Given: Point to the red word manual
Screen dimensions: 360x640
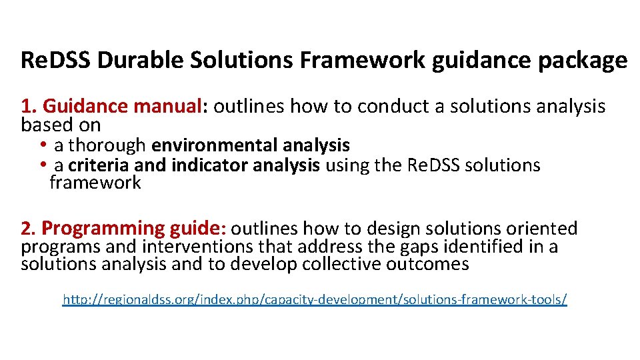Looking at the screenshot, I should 171,106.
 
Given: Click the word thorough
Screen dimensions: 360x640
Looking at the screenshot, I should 107,145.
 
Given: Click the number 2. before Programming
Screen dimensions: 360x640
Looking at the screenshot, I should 29,229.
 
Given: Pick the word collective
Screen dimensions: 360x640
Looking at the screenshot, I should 342,264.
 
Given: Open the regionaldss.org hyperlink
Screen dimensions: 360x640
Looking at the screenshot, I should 315,299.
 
